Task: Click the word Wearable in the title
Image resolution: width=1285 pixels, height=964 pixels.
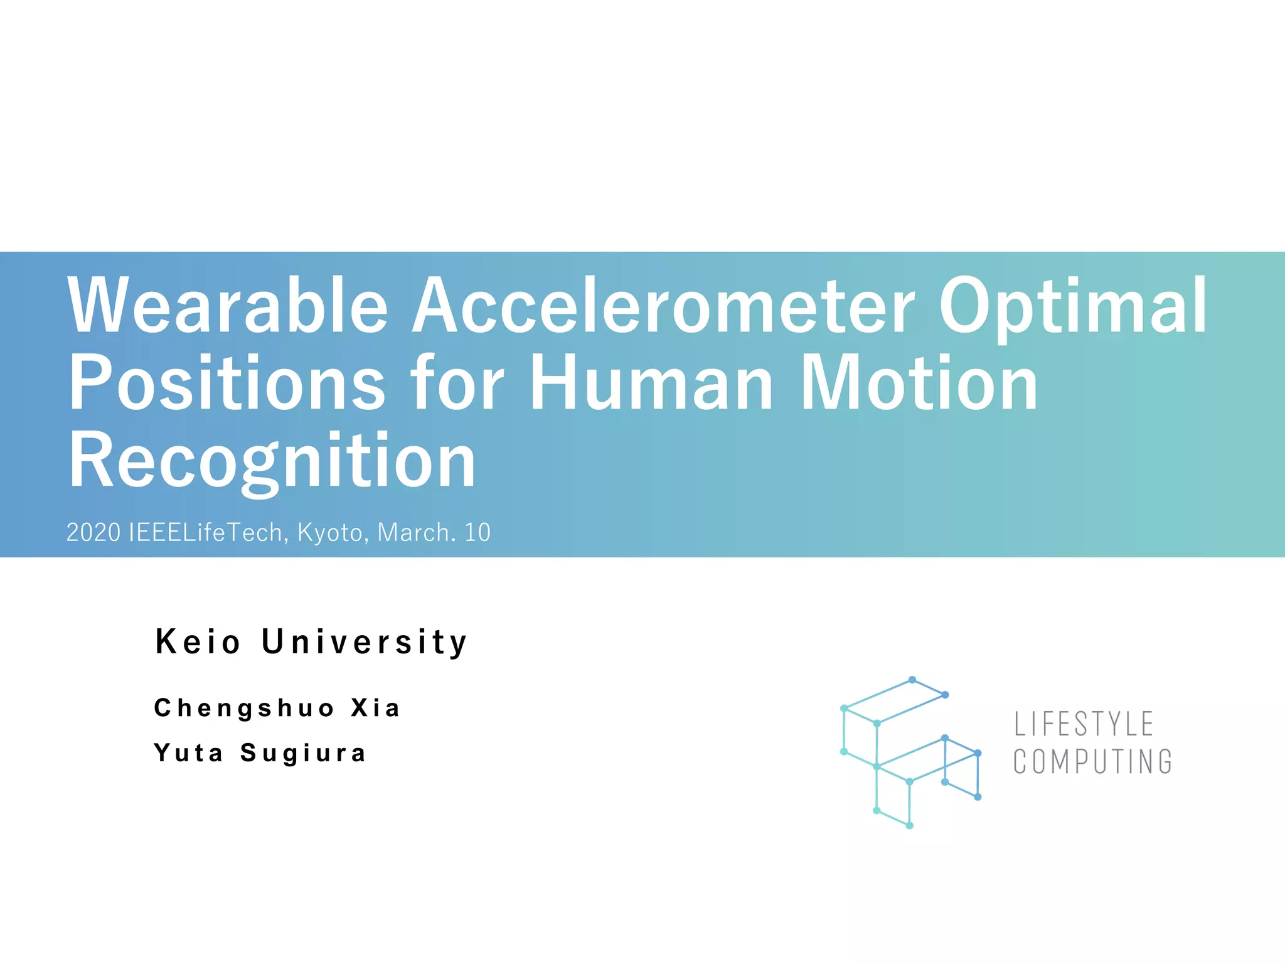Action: pyautogui.click(x=228, y=306)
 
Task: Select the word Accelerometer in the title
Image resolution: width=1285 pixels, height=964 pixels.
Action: pyautogui.click(x=663, y=306)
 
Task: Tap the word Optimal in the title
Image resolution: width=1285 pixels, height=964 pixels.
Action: pyautogui.click(x=1072, y=306)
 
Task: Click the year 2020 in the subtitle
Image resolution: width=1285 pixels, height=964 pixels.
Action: pyautogui.click(x=93, y=533)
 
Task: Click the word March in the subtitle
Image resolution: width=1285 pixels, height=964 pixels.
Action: pyautogui.click(x=413, y=533)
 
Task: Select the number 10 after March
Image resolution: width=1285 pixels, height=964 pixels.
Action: pyautogui.click(x=477, y=533)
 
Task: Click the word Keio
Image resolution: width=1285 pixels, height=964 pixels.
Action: pyautogui.click(x=198, y=642)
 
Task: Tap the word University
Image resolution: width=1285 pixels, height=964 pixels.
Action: pyautogui.click(x=365, y=642)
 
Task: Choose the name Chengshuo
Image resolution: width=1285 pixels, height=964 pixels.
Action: pyautogui.click(x=244, y=708)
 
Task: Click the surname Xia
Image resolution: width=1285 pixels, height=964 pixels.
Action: pyautogui.click(x=375, y=708)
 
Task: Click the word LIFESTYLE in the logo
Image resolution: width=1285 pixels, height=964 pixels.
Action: pyautogui.click(x=1084, y=724)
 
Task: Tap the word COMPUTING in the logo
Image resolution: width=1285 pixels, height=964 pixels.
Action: pyautogui.click(x=1092, y=762)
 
